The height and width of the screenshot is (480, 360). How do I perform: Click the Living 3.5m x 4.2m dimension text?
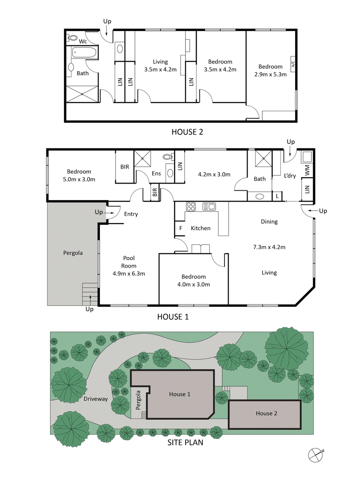[160, 69]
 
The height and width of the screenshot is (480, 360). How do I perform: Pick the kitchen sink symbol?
[209, 206]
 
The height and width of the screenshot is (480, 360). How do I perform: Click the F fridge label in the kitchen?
[180, 228]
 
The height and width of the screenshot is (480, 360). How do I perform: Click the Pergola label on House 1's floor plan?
[72, 253]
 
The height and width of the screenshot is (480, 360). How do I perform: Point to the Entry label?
[131, 214]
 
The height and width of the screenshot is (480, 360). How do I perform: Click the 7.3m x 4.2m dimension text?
[270, 247]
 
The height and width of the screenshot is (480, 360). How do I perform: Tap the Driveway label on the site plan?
[95, 399]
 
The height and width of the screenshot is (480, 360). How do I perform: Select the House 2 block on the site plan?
[265, 413]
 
